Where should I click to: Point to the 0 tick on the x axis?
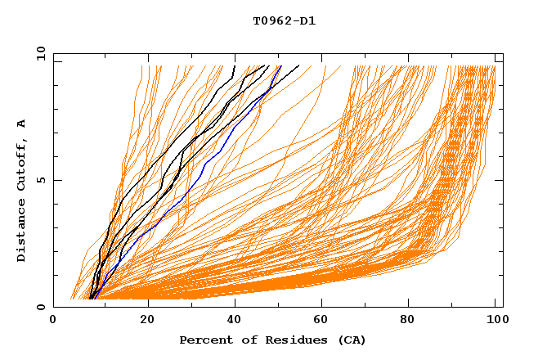(x=54, y=321)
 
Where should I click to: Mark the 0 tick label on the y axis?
(x=41, y=308)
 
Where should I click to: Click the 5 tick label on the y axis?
(x=41, y=181)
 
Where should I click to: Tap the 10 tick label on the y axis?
(x=38, y=54)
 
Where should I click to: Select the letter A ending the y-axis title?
(x=22, y=124)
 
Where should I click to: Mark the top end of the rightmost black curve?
(x=298, y=65)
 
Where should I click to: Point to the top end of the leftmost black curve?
(x=235, y=65)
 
